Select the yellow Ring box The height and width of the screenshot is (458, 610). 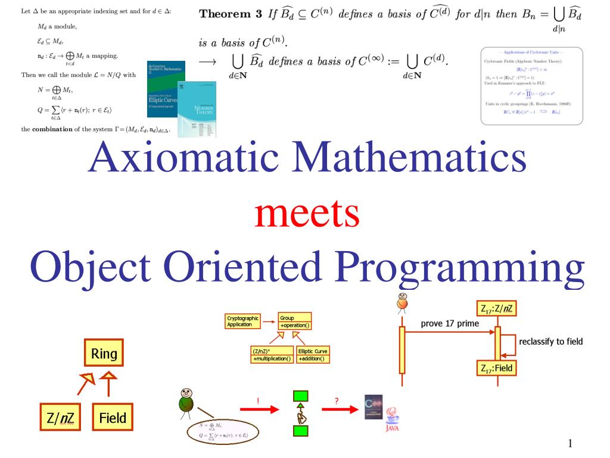(x=104, y=354)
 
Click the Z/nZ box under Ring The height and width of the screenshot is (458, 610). (x=60, y=417)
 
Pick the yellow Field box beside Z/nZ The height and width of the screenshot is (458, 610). (x=113, y=417)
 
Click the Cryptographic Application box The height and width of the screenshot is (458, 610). (x=242, y=321)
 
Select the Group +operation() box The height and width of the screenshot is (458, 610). (x=294, y=321)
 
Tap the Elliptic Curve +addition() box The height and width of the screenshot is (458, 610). (x=313, y=355)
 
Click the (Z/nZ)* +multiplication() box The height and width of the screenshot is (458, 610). (x=272, y=355)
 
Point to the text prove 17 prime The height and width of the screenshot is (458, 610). (x=450, y=324)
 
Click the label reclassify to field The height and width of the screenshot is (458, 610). (x=550, y=342)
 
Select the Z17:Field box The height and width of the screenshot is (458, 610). (x=496, y=368)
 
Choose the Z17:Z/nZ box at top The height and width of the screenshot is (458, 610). (x=496, y=309)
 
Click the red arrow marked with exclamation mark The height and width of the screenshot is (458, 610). (x=259, y=409)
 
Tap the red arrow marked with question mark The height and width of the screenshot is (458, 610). (x=338, y=409)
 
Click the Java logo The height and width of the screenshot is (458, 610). (x=392, y=418)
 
